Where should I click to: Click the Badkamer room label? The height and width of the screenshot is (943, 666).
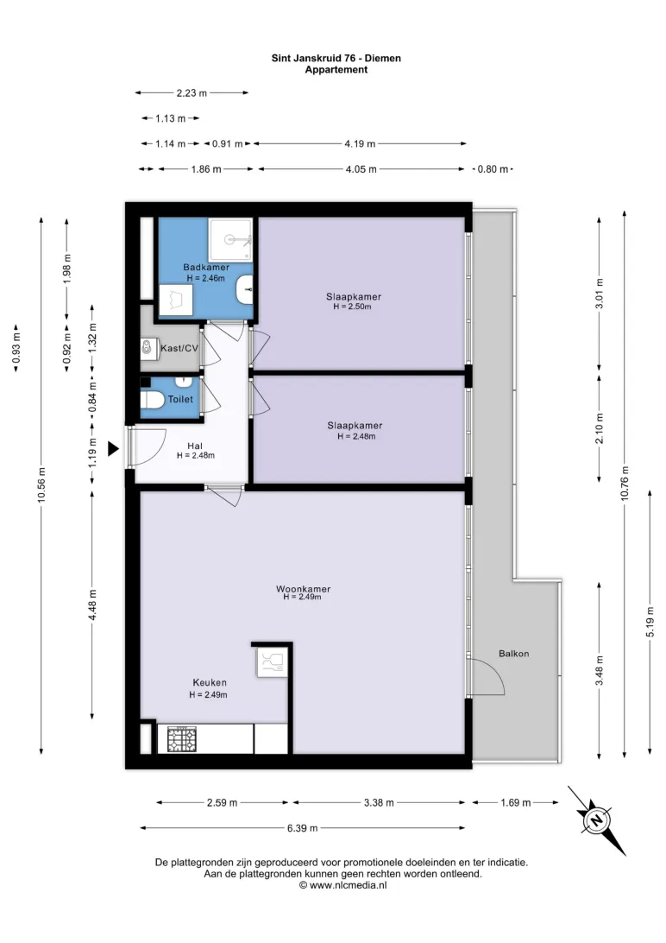pos(206,267)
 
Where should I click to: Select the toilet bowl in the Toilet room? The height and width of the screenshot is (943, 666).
pos(151,400)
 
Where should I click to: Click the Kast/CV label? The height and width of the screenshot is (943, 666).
pos(179,348)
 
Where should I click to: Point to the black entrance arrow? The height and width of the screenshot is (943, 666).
pos(113,449)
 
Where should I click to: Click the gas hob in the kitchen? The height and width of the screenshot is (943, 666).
pos(181,739)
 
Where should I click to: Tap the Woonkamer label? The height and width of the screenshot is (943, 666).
pos(304,589)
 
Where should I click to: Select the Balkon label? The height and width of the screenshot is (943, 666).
pos(514,654)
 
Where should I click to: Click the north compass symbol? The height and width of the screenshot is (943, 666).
pos(596,820)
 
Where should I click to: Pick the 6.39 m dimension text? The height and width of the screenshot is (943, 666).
pos(302,828)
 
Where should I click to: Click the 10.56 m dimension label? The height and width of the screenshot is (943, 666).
pos(41,484)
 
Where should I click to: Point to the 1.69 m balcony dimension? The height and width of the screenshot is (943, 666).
pos(515,802)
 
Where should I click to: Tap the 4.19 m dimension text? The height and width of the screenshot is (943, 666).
pos(360,143)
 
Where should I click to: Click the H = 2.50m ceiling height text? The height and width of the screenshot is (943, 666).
pos(353,306)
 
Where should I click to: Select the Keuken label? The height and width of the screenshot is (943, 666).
pos(210,682)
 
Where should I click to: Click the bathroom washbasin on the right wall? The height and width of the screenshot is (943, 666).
pos(245,290)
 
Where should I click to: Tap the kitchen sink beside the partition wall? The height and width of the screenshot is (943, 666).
pos(270,662)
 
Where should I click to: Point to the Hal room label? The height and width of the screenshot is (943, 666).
pos(195,446)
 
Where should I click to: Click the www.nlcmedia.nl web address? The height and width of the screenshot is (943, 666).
pos(349,885)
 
